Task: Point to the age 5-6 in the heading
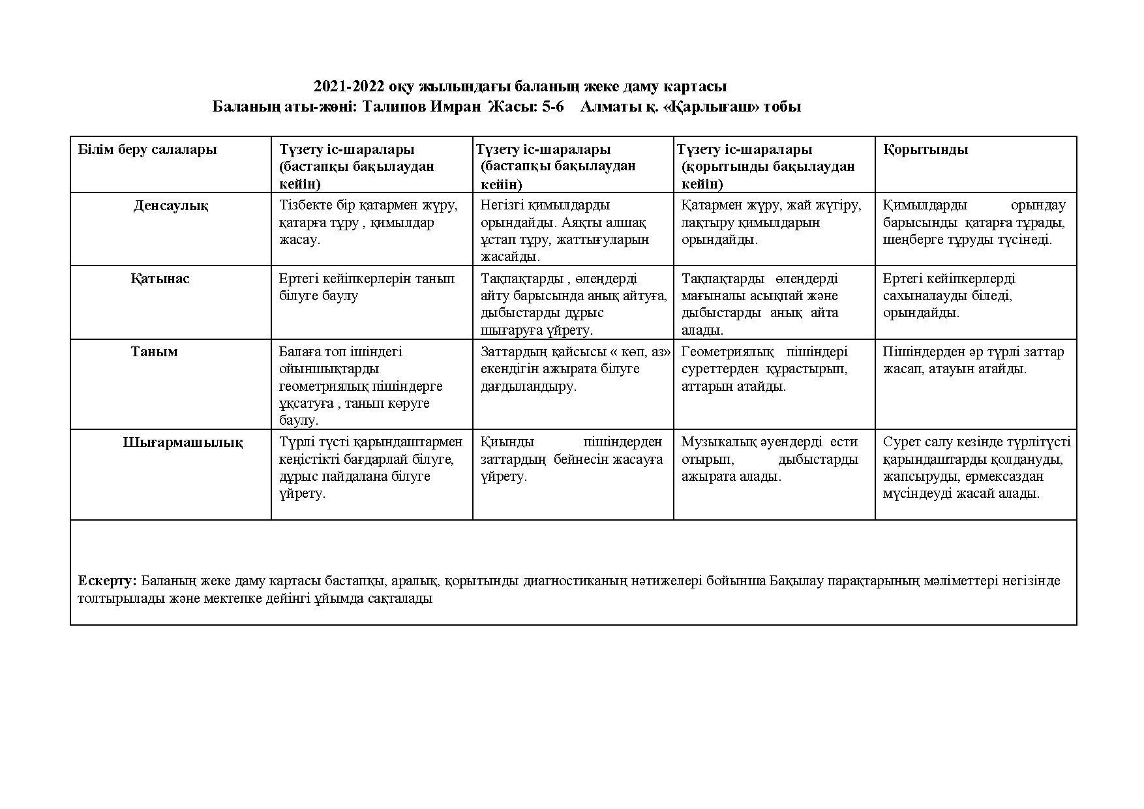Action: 552,107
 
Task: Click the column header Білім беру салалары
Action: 147,149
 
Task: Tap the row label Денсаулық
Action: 171,206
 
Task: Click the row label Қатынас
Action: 160,279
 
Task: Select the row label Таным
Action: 154,352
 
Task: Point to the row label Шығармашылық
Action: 183,442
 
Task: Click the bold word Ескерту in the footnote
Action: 106,581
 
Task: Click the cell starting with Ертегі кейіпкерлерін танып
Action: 367,287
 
